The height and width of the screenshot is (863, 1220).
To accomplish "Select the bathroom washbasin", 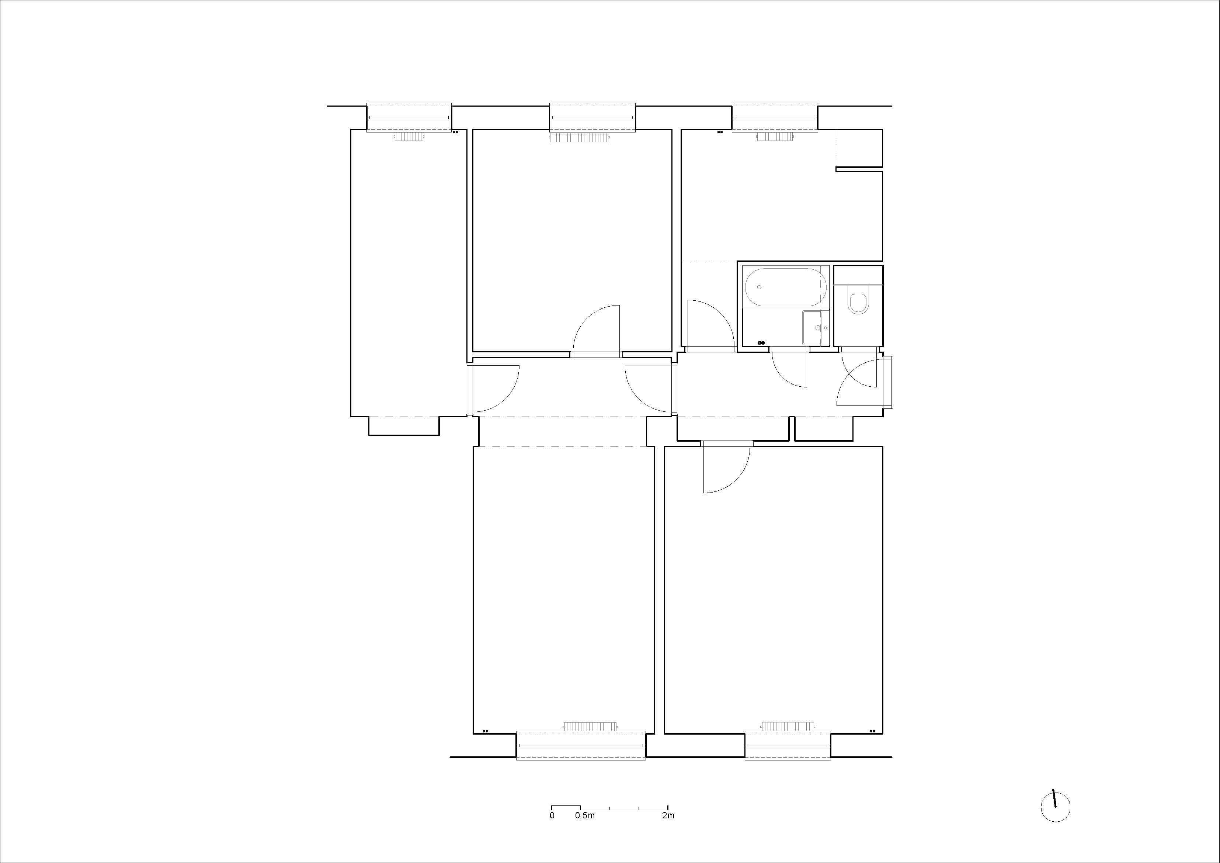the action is pyautogui.click(x=813, y=328).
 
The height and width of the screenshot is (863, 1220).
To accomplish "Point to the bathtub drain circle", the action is pyautogui.click(x=759, y=287).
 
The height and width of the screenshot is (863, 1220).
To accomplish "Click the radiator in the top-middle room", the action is pyautogui.click(x=592, y=137).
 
